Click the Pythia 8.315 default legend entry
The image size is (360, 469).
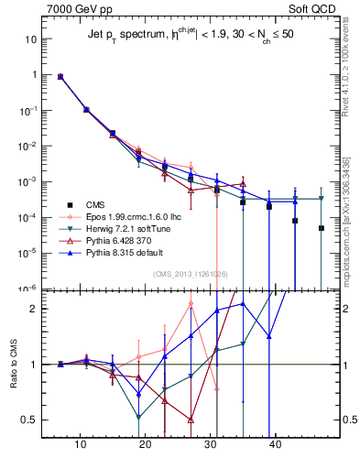point(119,253)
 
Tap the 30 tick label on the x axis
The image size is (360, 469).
point(211,443)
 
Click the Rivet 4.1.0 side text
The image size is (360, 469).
point(345,60)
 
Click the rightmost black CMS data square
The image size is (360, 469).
point(322,228)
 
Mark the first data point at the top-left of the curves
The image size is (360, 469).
point(60,77)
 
